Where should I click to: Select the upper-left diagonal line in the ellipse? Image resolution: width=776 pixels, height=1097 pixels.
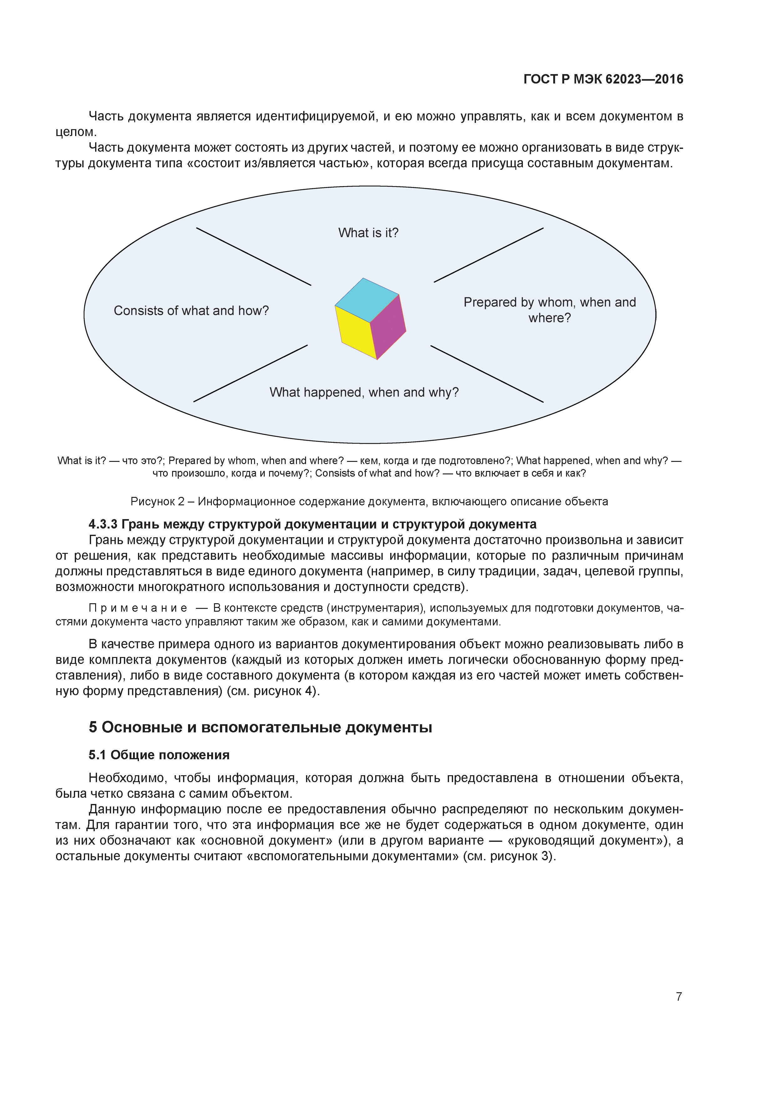(253, 256)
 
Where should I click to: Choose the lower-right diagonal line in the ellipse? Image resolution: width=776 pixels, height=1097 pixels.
(487, 374)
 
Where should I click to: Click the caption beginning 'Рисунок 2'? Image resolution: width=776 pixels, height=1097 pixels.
(369, 501)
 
